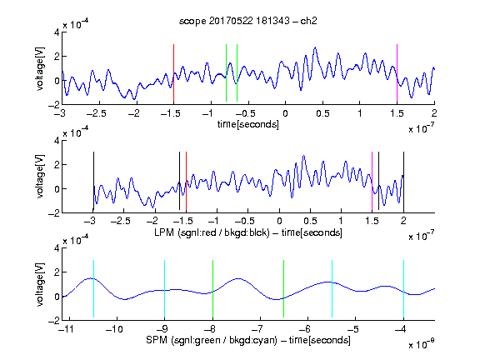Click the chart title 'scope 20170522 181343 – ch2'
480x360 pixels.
click(x=248, y=21)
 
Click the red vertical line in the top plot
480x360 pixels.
click(x=173, y=72)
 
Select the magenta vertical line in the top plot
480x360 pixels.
click(x=397, y=72)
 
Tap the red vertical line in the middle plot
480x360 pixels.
click(x=186, y=181)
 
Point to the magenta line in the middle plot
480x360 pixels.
click(x=372, y=181)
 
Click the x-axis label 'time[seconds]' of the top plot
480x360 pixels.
click(x=248, y=124)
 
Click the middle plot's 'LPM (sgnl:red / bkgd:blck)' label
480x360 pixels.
click(x=212, y=232)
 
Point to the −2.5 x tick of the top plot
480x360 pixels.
click(x=96, y=113)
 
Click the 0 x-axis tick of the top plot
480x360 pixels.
click(x=285, y=113)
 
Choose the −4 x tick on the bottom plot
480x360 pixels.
click(x=400, y=329)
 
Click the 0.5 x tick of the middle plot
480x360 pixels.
click(x=310, y=221)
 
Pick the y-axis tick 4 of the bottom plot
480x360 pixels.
click(x=57, y=248)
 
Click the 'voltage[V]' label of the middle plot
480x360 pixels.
click(x=40, y=177)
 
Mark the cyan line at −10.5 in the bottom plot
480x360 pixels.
click(x=93, y=288)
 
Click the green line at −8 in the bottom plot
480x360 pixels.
click(x=212, y=288)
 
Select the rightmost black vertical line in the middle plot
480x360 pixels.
click(x=403, y=182)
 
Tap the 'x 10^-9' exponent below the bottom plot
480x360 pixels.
click(x=422, y=344)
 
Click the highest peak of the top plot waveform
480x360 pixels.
click(x=315, y=47)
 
